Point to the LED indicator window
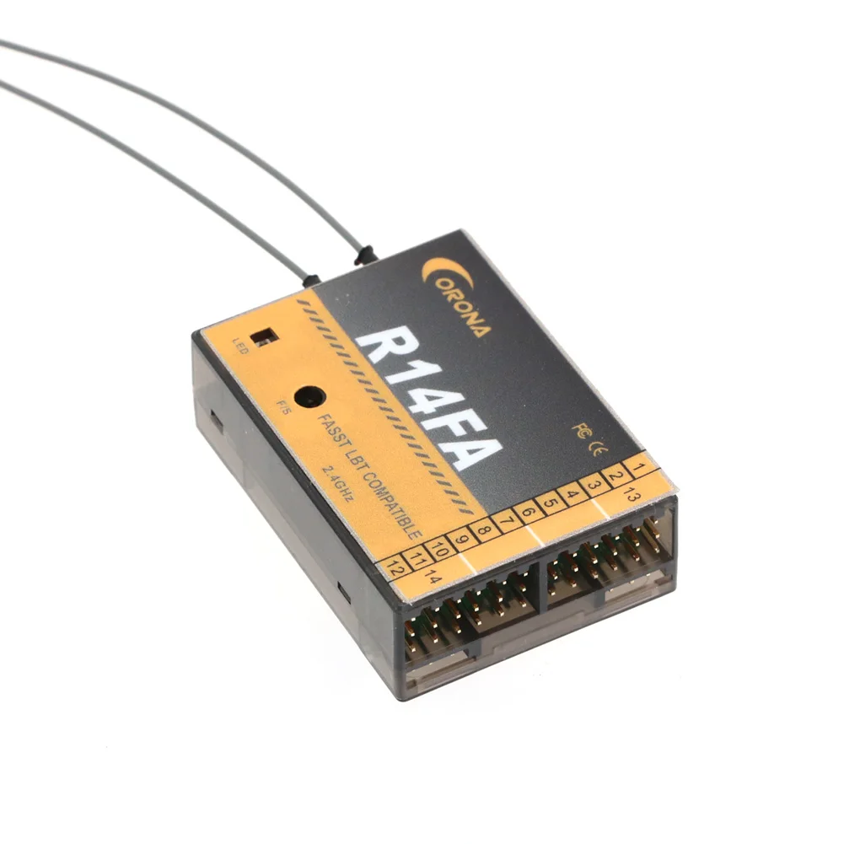click(268, 336)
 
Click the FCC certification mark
click(579, 431)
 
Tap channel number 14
click(433, 578)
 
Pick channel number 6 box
click(528, 512)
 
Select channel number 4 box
click(572, 495)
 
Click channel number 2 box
click(616, 476)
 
